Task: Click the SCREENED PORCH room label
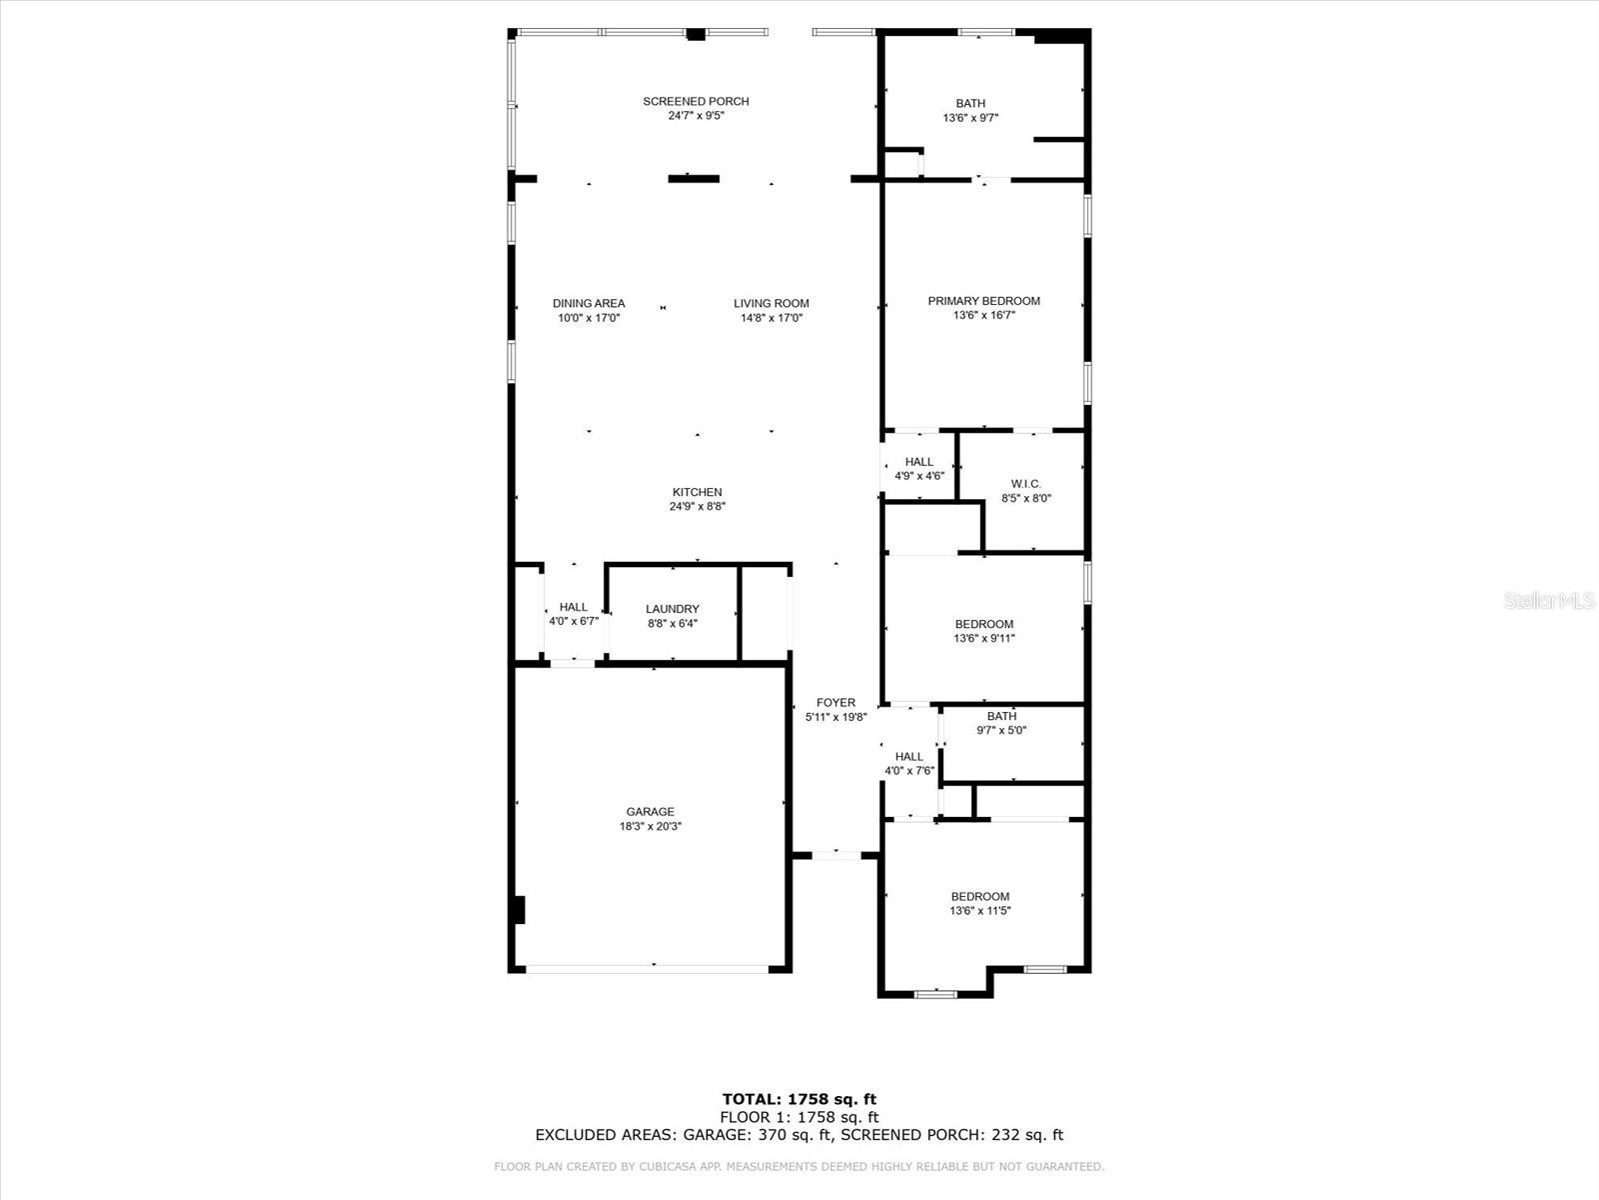tap(696, 101)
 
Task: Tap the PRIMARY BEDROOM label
tap(983, 301)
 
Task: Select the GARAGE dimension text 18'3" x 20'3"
tap(650, 826)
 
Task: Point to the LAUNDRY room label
tap(673, 609)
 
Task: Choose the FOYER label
tap(835, 703)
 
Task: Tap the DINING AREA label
tap(589, 304)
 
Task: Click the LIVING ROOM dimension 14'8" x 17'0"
tap(771, 318)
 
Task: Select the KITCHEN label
tap(697, 492)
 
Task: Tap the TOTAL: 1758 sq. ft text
tap(799, 1100)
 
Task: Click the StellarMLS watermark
tap(1550, 601)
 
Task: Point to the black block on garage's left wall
tap(518, 910)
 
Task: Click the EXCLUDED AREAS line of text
tap(799, 1135)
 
